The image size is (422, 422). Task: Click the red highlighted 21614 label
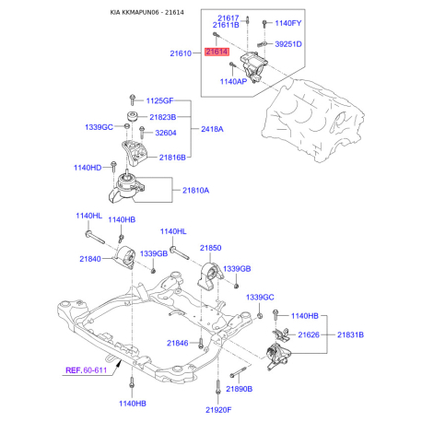(217, 53)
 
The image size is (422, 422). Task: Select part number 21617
(229, 18)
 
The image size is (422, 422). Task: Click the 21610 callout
(181, 54)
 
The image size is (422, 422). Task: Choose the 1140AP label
(233, 82)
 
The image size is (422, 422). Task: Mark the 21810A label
(195, 191)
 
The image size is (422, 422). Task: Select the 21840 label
(89, 260)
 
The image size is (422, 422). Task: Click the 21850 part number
(211, 249)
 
